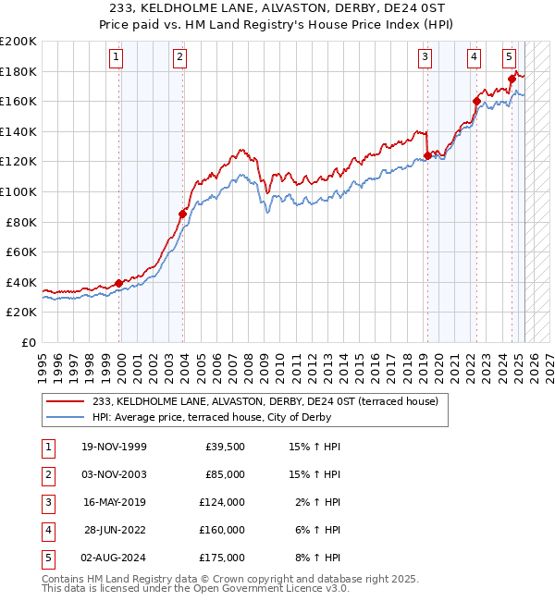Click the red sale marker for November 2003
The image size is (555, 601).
[x=183, y=215]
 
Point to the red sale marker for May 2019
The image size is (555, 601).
[x=427, y=155]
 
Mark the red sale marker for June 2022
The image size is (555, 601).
[x=476, y=101]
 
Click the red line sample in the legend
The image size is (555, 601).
[x=67, y=401]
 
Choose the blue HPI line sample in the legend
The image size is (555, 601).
[x=67, y=417]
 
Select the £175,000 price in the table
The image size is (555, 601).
[x=223, y=558]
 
